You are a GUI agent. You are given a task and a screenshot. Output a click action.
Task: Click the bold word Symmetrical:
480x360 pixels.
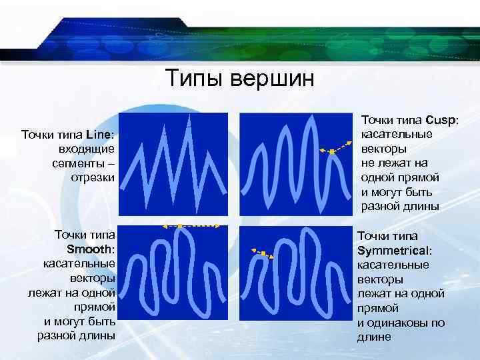coord(395,251)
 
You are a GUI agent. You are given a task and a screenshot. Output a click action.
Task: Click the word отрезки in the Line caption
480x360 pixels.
coord(93,177)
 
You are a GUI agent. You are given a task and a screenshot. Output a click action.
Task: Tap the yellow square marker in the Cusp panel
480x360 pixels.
coord(331,152)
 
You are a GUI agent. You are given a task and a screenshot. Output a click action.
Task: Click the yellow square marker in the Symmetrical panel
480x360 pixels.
coord(263,253)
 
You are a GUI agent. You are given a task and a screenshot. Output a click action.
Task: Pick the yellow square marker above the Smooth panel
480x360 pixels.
coord(179,226)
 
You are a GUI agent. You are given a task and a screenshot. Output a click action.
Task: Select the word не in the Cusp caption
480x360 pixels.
coord(367,163)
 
